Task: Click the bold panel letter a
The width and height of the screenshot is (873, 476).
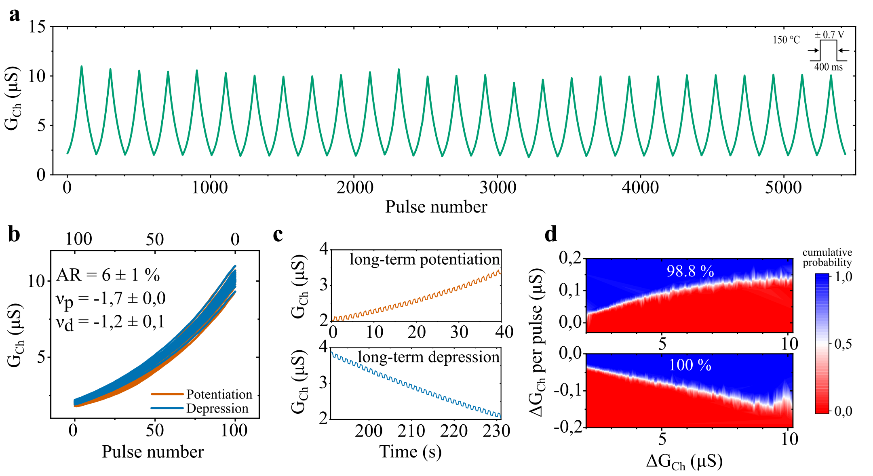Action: [15, 15]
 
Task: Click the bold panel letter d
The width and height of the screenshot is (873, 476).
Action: [551, 234]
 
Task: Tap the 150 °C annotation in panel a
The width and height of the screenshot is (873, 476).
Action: [786, 40]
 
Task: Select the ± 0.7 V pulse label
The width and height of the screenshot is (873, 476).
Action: [829, 35]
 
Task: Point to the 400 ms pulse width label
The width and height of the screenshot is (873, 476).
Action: [828, 67]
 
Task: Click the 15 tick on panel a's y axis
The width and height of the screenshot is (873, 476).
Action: [37, 27]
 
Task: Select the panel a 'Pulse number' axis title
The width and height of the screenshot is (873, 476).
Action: [436, 207]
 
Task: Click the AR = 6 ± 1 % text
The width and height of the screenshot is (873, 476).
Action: [108, 275]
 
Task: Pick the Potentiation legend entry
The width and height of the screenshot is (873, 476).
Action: [219, 394]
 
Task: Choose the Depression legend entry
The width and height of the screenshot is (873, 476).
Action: [217, 409]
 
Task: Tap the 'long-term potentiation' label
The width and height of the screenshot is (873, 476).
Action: [424, 259]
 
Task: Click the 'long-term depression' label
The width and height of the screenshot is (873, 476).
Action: [428, 357]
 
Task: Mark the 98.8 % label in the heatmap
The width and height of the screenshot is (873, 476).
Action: [690, 272]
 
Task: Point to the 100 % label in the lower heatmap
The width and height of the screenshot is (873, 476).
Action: [690, 365]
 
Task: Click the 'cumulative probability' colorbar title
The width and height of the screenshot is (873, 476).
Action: [827, 257]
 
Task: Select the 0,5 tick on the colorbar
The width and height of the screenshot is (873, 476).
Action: [843, 344]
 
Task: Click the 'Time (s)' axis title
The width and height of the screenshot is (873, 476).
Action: [410, 452]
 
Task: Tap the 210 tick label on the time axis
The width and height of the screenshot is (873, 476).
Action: [411, 431]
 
